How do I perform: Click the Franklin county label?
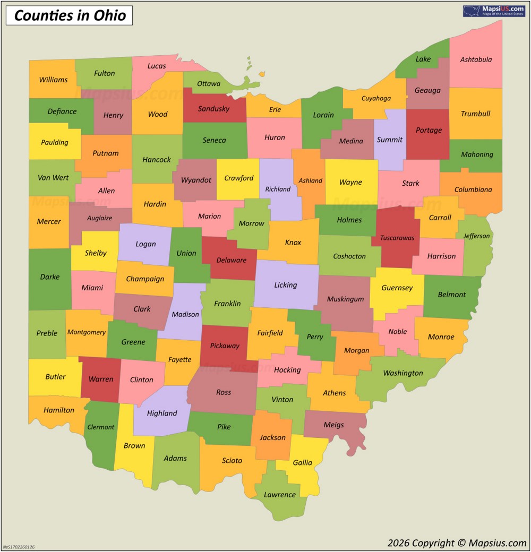(227, 304)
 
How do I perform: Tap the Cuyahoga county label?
(376, 98)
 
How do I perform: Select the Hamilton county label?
(59, 410)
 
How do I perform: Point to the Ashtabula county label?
(476, 59)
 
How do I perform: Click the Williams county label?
(53, 80)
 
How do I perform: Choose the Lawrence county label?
(280, 495)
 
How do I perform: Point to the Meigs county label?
(333, 425)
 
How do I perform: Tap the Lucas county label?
(157, 66)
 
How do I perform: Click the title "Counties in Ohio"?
(70, 15)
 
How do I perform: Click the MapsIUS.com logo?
(494, 11)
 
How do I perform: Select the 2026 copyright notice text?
(457, 542)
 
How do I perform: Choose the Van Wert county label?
(53, 177)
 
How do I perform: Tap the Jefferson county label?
(476, 236)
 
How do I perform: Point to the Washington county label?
(403, 373)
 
